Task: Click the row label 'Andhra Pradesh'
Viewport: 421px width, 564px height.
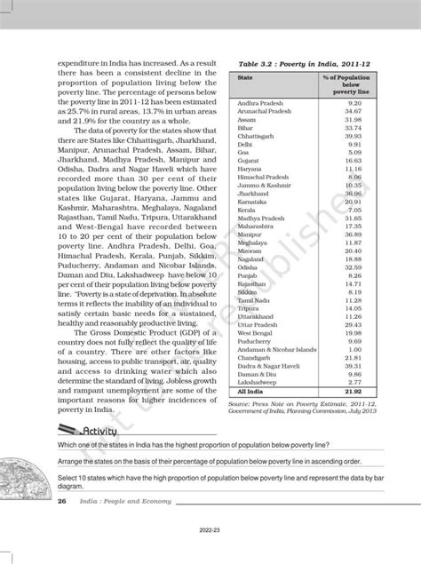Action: [x=258, y=103]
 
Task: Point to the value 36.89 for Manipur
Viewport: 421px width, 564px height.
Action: [x=353, y=233]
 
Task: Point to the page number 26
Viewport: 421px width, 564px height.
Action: [x=62, y=502]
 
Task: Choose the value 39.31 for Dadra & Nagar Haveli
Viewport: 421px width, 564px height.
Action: [x=353, y=364]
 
